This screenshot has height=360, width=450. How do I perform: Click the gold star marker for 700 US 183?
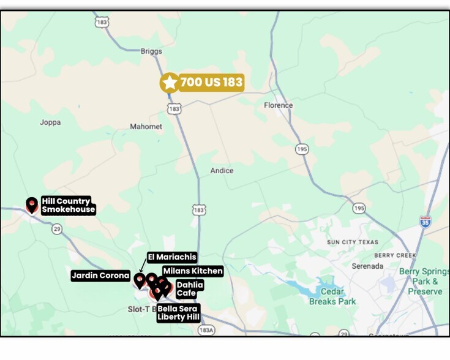click(169, 82)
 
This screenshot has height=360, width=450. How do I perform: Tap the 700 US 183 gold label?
click(211, 82)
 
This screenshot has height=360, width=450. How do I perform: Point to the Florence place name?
click(278, 105)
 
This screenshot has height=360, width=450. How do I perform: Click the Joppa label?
click(50, 122)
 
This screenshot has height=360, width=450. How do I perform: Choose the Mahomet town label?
click(146, 127)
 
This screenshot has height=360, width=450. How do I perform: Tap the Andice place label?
click(222, 171)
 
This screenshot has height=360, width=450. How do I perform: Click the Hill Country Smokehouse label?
click(68, 205)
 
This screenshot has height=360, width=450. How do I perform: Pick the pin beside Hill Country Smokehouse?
click(32, 204)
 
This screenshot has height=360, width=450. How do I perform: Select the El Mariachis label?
click(171, 257)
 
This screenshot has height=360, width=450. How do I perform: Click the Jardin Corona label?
click(100, 276)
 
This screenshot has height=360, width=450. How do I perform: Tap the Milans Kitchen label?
click(193, 271)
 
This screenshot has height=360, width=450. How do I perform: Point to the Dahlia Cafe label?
click(189, 289)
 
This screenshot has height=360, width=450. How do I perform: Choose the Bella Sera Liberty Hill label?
click(178, 313)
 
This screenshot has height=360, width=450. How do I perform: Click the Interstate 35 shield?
click(425, 221)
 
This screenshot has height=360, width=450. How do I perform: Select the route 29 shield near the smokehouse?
click(57, 228)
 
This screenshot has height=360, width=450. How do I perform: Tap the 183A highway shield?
click(206, 330)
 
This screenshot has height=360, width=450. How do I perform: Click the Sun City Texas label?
click(352, 242)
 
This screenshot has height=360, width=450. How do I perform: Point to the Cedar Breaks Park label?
click(332, 296)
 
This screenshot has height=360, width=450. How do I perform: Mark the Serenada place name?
click(367, 266)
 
